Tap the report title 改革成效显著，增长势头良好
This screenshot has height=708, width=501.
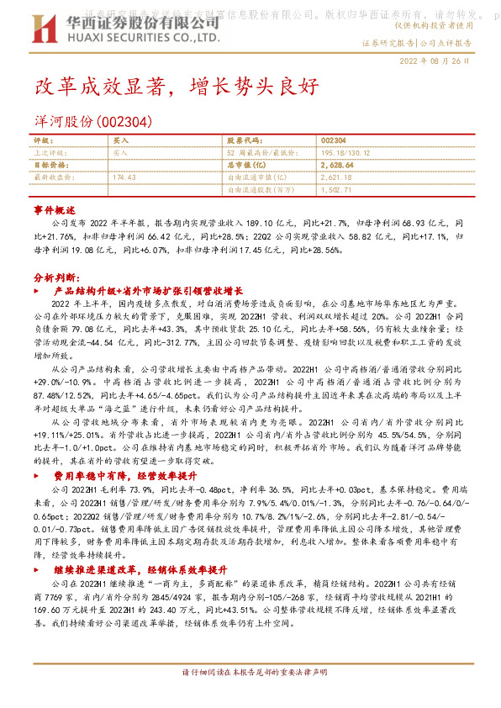pyautogui.click(x=176, y=87)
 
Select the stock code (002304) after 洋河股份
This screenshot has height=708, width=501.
pyautogui.click(x=125, y=121)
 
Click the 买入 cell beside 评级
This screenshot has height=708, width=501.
pyautogui.click(x=121, y=141)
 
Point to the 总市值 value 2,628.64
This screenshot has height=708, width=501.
pyautogui.click(x=337, y=166)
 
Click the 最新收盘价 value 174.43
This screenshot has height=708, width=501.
pyautogui.click(x=124, y=177)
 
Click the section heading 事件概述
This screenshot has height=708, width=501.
pyautogui.click(x=54, y=209)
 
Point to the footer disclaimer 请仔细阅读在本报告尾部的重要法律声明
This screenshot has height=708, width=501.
pyautogui.click(x=250, y=697)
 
